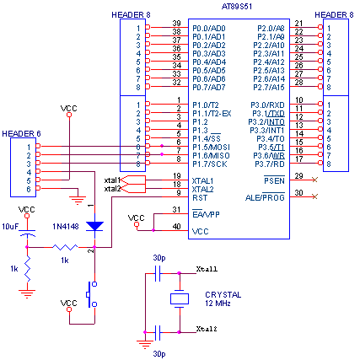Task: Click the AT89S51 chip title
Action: click(237, 7)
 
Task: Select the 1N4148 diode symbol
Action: click(94, 226)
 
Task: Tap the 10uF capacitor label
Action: click(10, 227)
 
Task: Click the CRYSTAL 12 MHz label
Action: click(223, 299)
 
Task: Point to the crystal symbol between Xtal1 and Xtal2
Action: click(180, 298)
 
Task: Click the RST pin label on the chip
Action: click(200, 198)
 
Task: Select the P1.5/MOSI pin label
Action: click(211, 148)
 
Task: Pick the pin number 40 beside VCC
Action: click(176, 227)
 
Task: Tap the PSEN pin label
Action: click(274, 180)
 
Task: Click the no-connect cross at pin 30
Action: click(314, 196)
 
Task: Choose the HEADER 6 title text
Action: click(21, 134)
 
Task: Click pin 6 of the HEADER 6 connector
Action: click(29, 189)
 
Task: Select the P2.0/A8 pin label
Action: click(271, 29)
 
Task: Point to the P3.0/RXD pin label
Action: click(267, 105)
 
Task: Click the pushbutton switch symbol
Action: click(92, 294)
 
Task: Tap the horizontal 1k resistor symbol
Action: click(65, 247)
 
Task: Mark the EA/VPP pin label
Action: click(206, 214)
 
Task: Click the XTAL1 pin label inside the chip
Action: click(202, 180)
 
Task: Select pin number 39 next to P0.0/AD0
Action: click(176, 24)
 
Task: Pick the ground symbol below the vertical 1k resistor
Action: click(27, 293)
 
